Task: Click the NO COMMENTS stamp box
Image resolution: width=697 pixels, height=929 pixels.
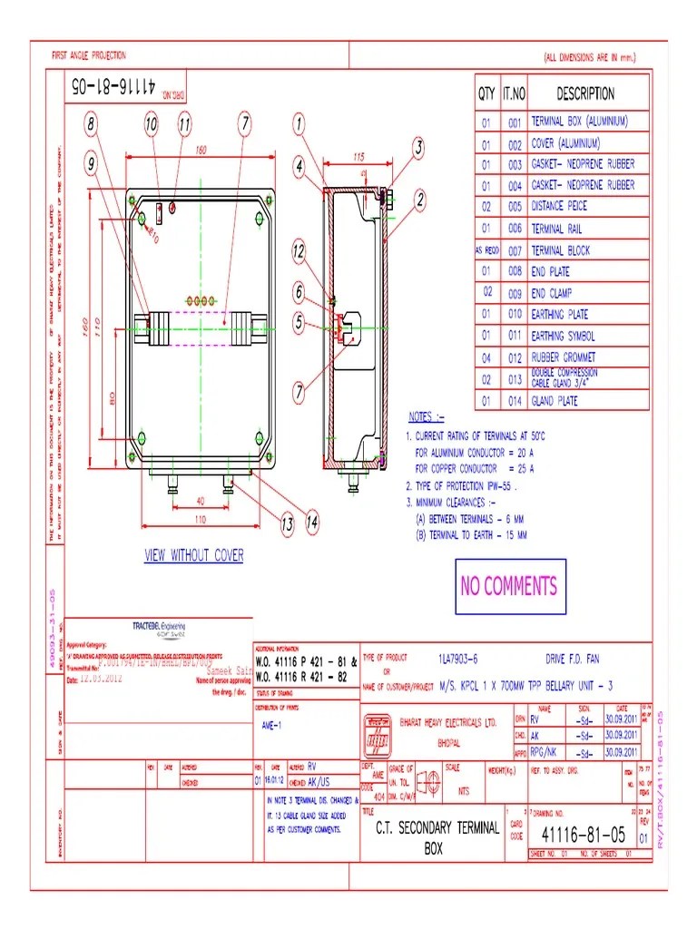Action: coord(508,586)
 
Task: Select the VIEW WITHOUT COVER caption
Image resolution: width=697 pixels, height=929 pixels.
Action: coord(193,555)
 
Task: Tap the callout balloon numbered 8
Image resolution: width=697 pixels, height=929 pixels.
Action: coord(93,122)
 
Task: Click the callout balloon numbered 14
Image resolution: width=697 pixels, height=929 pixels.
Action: coord(311,522)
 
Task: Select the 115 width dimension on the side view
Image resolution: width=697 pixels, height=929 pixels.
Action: coord(358,157)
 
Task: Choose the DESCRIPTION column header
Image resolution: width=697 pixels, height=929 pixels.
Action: coord(585,93)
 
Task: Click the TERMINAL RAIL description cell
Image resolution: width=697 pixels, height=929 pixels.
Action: coord(560,229)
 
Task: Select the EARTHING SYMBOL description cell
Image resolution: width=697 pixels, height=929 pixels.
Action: coord(563,336)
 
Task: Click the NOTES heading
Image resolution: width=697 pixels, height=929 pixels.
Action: coord(427,417)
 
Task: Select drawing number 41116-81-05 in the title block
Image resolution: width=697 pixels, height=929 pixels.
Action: coord(583,834)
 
